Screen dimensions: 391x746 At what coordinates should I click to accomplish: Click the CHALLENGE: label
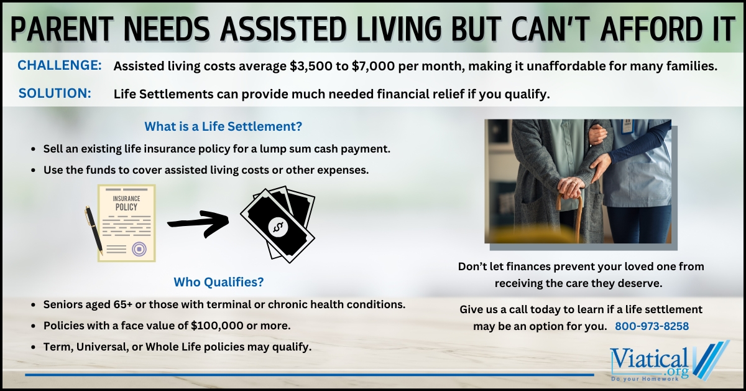(60, 66)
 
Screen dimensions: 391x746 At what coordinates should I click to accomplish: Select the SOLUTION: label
(55, 93)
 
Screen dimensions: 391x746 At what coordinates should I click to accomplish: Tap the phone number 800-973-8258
(652, 326)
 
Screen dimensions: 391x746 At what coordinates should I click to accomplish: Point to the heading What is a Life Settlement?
(223, 126)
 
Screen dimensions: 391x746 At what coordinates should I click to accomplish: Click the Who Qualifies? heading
(218, 282)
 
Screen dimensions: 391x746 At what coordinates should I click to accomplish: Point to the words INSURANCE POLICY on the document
(126, 202)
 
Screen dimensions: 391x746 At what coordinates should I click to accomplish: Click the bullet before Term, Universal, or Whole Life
(32, 347)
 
